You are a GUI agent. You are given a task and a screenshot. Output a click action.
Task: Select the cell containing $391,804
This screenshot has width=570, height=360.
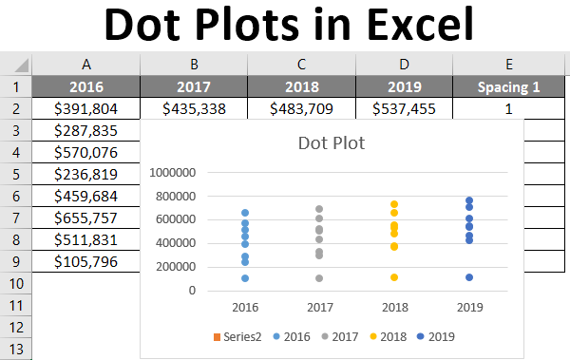point(86,109)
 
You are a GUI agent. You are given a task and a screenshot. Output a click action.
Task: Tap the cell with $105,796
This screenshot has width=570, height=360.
point(86,261)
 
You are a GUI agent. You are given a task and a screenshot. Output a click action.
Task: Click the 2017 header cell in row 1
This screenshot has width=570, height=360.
point(194,87)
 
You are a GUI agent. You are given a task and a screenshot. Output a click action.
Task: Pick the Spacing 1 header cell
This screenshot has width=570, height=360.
point(508,87)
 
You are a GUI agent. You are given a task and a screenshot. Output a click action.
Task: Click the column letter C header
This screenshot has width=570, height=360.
point(301,65)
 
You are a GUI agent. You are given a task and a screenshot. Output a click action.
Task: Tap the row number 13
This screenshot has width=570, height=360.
point(17,349)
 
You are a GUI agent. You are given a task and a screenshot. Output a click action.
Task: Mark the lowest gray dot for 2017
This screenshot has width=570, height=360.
point(319,278)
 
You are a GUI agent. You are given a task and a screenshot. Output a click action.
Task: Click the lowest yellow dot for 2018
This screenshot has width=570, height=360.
point(393,277)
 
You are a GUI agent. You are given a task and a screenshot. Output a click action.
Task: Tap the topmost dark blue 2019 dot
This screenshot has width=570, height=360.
point(469,200)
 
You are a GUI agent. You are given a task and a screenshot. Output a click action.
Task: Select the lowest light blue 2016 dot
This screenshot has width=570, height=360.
point(244,278)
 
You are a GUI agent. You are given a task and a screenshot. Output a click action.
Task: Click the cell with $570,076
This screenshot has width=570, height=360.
point(86,153)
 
